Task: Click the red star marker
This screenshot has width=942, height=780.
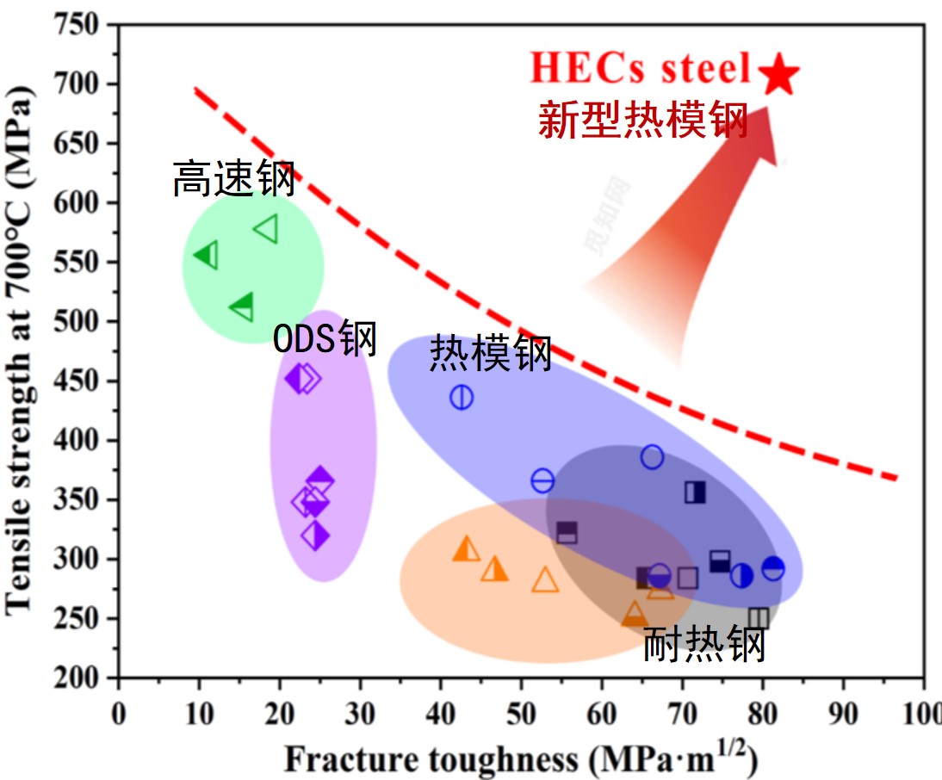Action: (779, 74)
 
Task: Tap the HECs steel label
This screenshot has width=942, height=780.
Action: (641, 69)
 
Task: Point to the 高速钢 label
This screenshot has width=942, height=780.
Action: (233, 178)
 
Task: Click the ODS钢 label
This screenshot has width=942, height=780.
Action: (325, 339)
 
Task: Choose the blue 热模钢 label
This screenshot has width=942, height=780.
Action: (490, 353)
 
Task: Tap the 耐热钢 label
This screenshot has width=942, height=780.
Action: (704, 644)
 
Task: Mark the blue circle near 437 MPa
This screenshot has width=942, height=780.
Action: (462, 397)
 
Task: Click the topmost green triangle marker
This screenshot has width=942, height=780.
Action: (267, 229)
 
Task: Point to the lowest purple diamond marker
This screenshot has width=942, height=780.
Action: (316, 535)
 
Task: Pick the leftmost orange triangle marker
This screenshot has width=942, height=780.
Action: (466, 548)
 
